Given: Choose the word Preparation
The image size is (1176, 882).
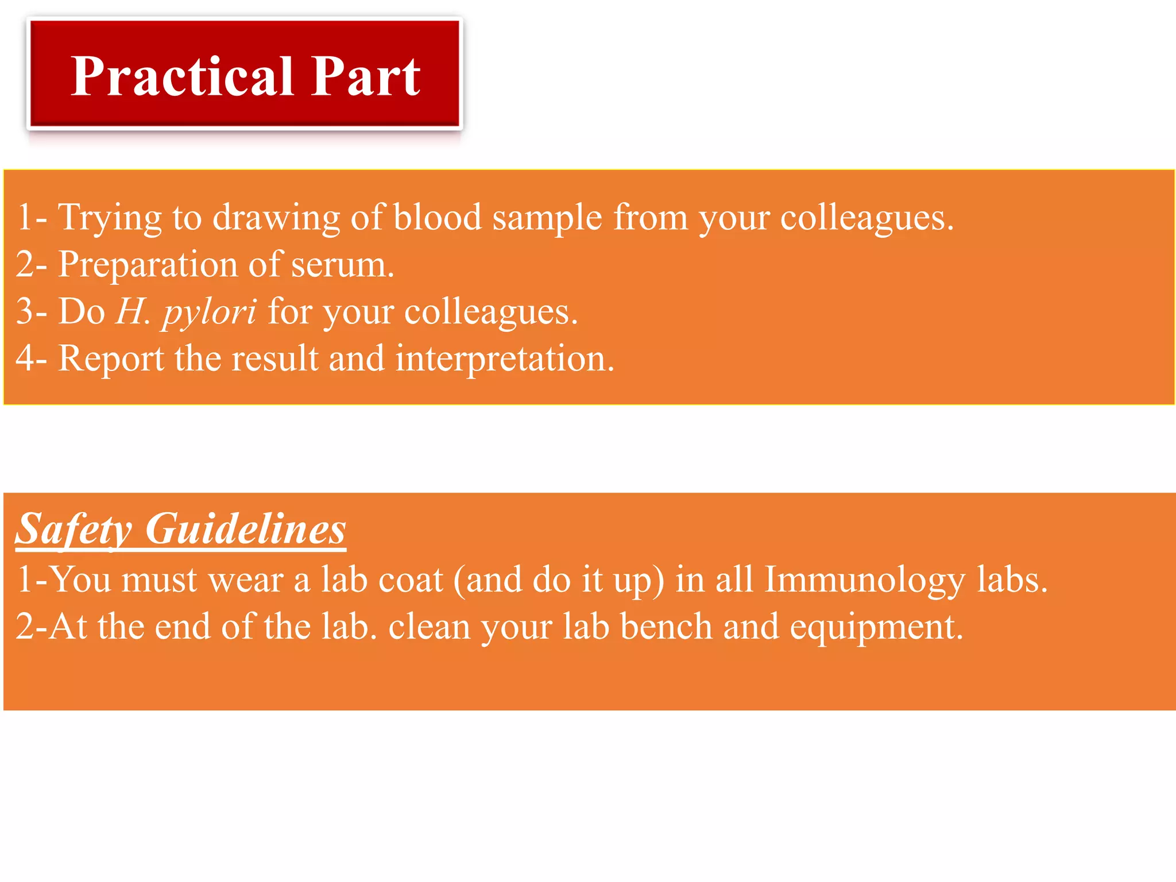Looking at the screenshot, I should (148, 265).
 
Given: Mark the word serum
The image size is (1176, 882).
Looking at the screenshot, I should (342, 265).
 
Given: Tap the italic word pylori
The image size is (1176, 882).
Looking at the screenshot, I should (209, 313).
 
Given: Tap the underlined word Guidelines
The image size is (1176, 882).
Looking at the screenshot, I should (245, 528).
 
